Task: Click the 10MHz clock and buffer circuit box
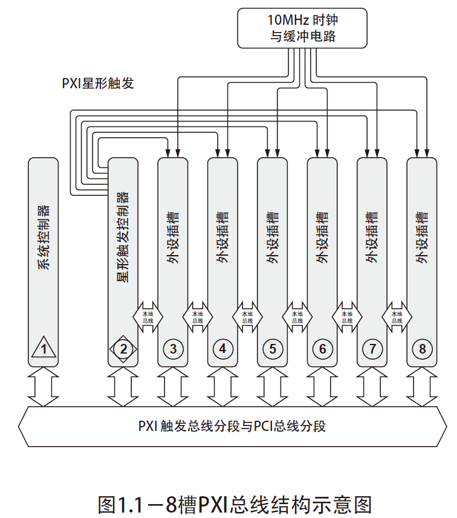302,27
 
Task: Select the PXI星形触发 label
98,83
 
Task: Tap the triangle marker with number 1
44,349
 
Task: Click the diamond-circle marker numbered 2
123,349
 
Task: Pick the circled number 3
173,349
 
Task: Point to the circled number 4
223,349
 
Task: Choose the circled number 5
273,349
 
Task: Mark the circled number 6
323,349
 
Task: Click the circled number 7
372,349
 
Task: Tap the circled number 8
422,349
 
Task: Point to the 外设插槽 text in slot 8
422,237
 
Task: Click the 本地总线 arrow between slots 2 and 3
148,317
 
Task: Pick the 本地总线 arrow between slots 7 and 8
397,317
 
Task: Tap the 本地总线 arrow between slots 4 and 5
248,317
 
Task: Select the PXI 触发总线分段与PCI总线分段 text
232,426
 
